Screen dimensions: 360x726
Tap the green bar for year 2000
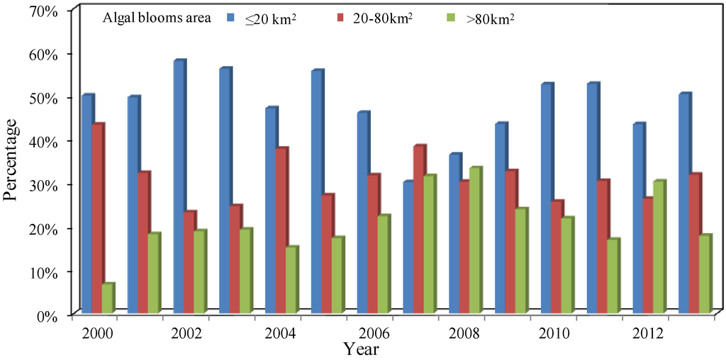[x=108, y=298]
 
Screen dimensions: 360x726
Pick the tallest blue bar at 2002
[x=179, y=187]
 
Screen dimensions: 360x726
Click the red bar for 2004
[x=281, y=230]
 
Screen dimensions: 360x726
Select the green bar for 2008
[x=475, y=240]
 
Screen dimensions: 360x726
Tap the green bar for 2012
[x=659, y=247]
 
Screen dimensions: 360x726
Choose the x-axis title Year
[x=361, y=349]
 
